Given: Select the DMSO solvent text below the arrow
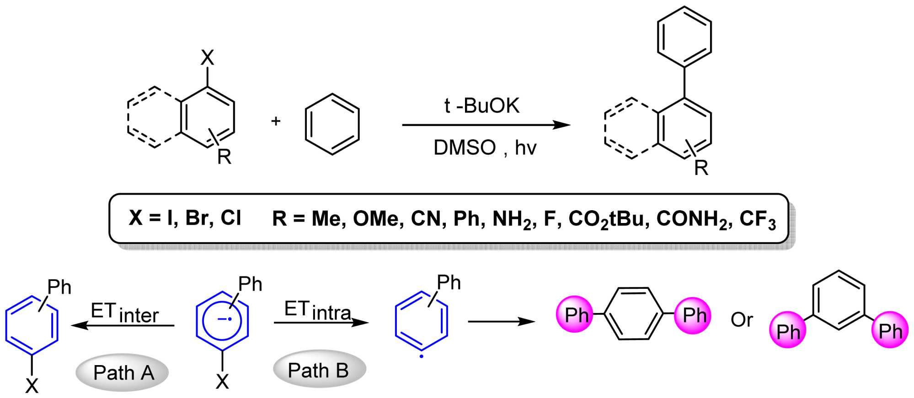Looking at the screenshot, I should (x=464, y=148).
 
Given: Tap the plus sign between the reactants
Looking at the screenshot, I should (x=276, y=121).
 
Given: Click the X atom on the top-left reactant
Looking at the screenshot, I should (x=207, y=58).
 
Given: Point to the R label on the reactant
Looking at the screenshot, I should (x=224, y=157).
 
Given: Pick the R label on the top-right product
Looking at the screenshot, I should (x=701, y=168).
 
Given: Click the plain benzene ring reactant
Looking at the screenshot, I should (x=332, y=124).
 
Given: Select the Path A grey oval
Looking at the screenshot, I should (x=122, y=373).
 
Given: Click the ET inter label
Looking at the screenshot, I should (x=124, y=313).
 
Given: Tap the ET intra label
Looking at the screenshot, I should (x=317, y=311).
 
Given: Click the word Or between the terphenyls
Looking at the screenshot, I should (x=742, y=320).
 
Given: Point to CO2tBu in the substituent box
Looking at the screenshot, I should (x=608, y=219).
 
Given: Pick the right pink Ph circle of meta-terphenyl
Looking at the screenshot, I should (x=890, y=330).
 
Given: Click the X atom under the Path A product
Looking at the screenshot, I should (x=32, y=386).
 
